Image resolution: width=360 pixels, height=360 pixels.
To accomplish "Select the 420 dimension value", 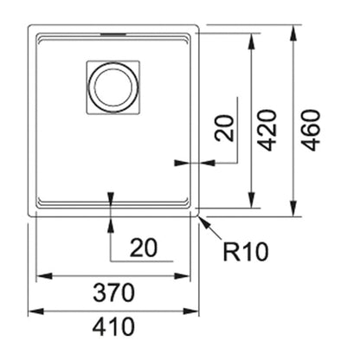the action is [x=267, y=130].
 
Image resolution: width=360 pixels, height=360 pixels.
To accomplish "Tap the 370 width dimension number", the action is [x=113, y=292].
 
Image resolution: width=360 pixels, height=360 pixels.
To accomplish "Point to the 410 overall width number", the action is [x=113, y=326].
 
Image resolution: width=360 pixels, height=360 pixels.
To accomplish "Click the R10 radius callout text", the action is [x=246, y=252].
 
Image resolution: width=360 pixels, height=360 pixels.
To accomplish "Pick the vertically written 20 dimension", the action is [x=225, y=128].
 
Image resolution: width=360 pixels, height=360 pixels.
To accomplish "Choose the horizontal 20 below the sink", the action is [x=144, y=247].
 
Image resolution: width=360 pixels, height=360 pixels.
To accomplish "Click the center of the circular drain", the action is [x=114, y=87].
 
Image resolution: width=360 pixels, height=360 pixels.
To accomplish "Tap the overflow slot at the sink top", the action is [x=112, y=35].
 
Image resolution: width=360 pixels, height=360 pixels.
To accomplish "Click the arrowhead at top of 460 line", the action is [x=293, y=34].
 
